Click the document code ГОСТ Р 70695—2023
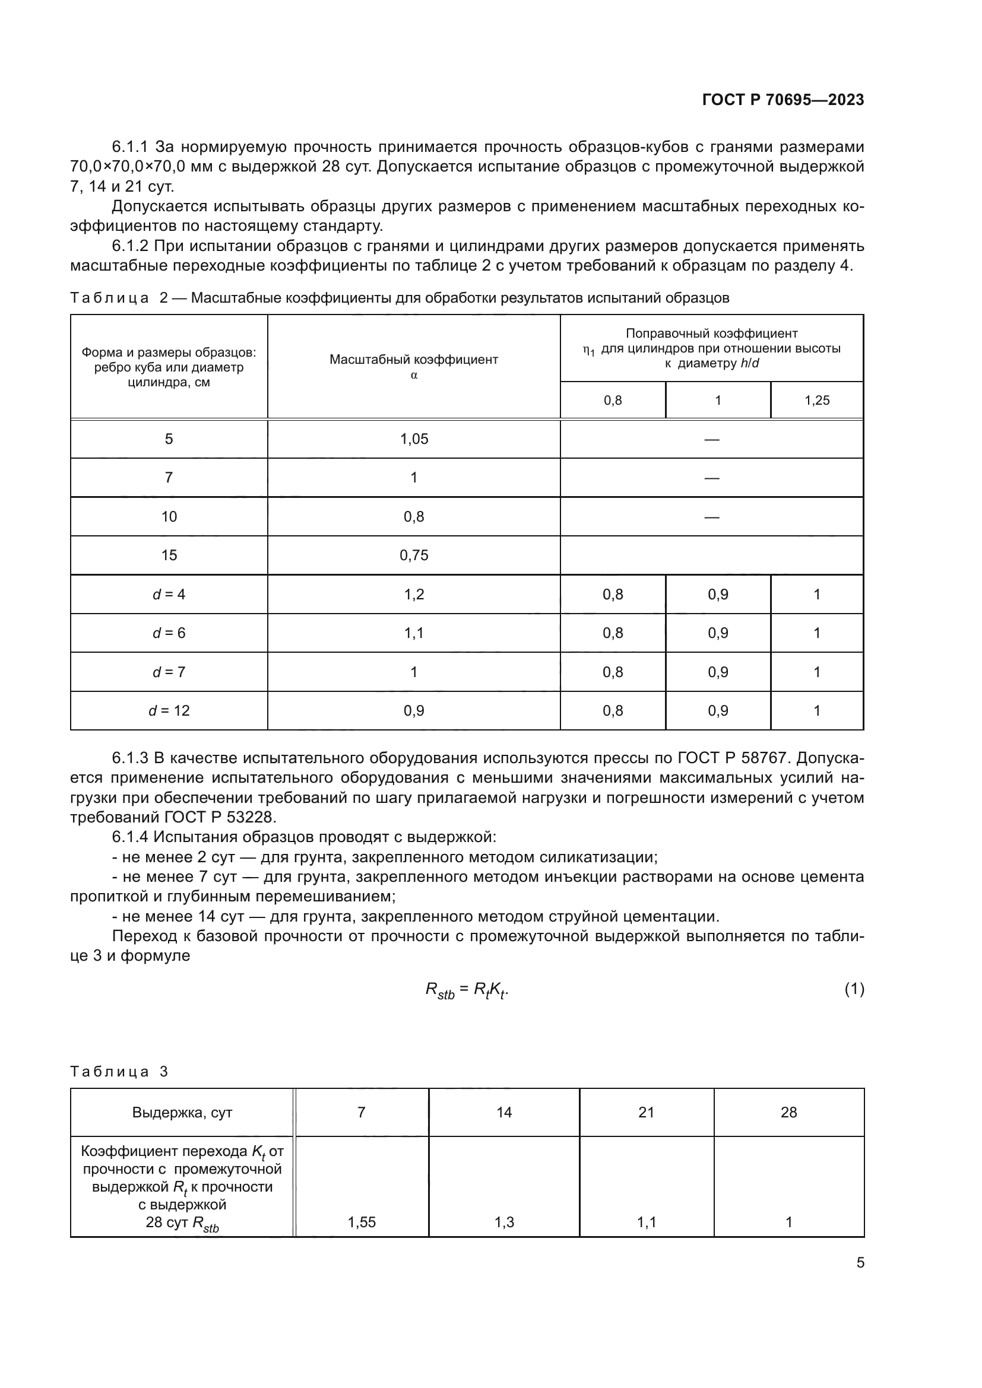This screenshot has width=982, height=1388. (x=783, y=100)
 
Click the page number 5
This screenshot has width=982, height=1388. (x=860, y=1262)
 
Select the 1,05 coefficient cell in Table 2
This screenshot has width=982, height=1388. (x=414, y=439)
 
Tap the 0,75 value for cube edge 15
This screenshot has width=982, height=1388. (x=414, y=555)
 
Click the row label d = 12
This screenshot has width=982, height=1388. (x=169, y=710)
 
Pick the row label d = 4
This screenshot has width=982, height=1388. (x=169, y=594)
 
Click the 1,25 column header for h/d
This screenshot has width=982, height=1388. (x=816, y=400)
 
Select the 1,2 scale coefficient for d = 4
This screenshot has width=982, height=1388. (x=414, y=594)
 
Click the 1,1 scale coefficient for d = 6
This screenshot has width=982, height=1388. (x=414, y=633)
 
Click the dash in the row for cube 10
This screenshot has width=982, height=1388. (x=712, y=517)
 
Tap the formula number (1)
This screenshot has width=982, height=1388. (x=854, y=989)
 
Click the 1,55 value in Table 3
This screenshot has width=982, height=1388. (x=362, y=1222)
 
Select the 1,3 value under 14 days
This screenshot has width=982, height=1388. (x=503, y=1222)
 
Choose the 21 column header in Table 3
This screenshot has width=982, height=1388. (x=646, y=1112)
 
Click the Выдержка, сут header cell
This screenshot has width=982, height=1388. (x=182, y=1112)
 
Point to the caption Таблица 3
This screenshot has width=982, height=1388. (x=119, y=1071)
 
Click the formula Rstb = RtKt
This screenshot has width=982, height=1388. (x=467, y=990)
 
